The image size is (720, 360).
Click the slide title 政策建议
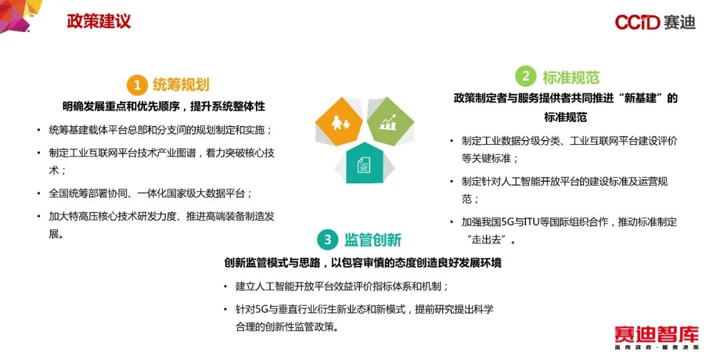[99, 21]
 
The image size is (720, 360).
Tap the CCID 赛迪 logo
[655, 22]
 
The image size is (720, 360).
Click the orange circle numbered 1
[137, 85]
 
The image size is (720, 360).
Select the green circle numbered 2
[525, 77]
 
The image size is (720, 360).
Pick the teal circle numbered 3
[327, 239]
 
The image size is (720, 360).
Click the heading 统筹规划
[181, 85]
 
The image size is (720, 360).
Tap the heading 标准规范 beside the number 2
[571, 77]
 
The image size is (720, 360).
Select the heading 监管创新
[373, 240]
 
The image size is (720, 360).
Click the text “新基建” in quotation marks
[644, 99]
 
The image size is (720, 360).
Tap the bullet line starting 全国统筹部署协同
[151, 193]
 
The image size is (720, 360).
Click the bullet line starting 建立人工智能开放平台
[342, 287]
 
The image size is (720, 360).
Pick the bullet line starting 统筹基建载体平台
[161, 130]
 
